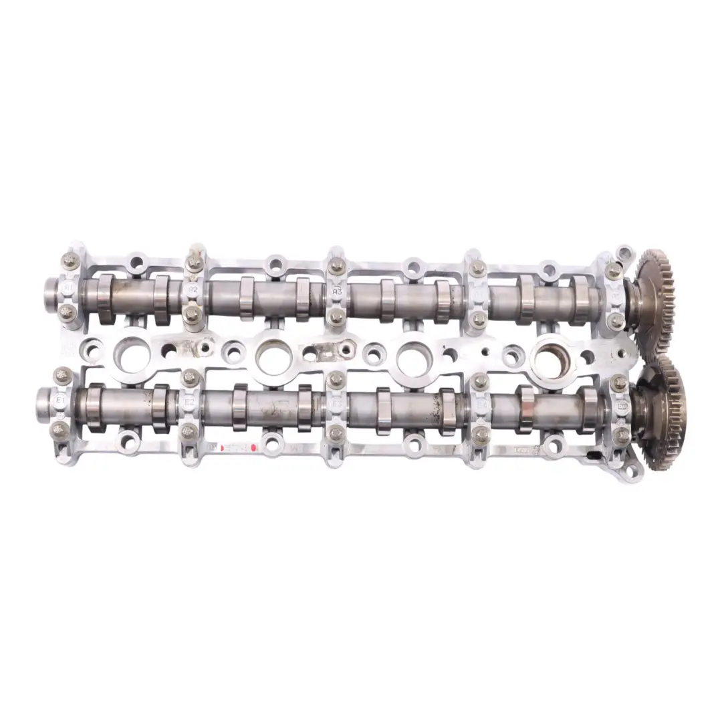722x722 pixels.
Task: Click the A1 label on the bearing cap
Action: pos(68,288)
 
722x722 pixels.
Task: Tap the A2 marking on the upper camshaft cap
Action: pos(193,289)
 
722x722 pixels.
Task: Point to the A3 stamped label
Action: pos(337,291)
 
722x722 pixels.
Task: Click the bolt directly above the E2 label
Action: pos(189,378)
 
